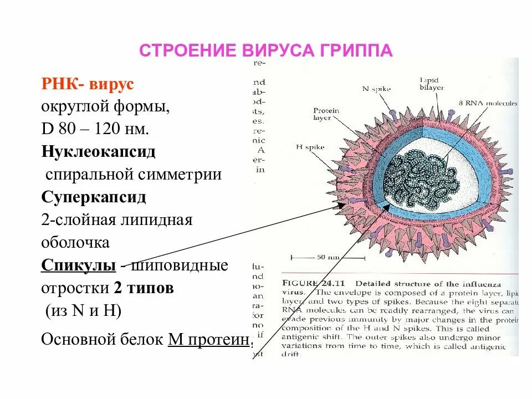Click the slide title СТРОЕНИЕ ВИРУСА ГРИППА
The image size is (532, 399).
265,50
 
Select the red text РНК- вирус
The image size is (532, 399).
87,84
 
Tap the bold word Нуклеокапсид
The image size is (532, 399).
98,151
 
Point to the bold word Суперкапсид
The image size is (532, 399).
94,197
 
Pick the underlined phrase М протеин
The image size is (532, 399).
207,339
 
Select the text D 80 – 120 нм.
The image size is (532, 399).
95,129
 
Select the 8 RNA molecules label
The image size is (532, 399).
488,103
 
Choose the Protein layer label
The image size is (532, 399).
326,114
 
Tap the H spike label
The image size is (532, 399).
310,147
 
